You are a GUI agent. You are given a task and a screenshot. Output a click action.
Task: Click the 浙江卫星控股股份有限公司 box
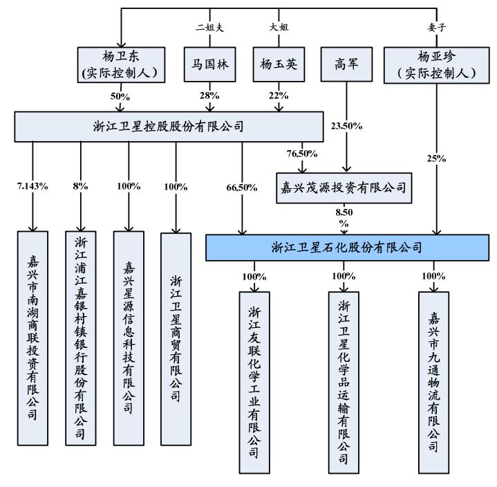169,127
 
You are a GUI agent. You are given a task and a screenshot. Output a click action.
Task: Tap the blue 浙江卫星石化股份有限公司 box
346,247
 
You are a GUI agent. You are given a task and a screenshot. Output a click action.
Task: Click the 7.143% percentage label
32,187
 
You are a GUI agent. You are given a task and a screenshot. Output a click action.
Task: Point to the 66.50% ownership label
241,187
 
